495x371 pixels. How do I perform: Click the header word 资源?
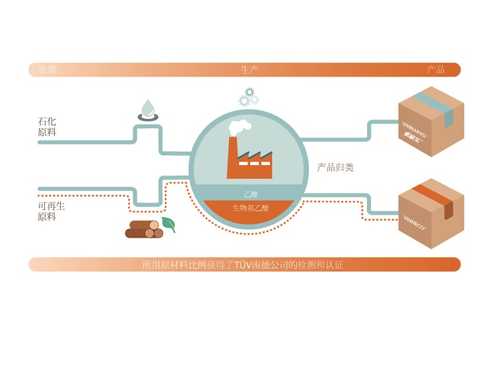click(x=47, y=70)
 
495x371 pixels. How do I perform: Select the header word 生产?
click(x=249, y=70)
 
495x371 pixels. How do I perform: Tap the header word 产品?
click(x=436, y=70)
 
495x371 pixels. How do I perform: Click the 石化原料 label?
click(x=47, y=127)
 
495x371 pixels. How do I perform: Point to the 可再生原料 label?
click(x=51, y=211)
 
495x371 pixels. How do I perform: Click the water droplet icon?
click(x=147, y=107)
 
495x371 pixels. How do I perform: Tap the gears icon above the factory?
click(x=248, y=97)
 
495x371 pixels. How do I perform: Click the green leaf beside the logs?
click(x=169, y=224)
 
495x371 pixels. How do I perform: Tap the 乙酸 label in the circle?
click(x=249, y=195)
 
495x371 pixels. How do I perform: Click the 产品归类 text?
click(x=335, y=168)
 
